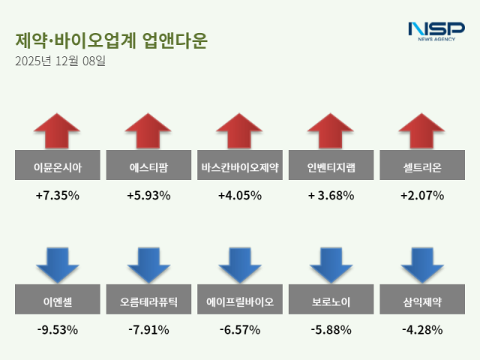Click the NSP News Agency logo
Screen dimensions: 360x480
point(436,31)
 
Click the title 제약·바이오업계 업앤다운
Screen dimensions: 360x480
point(110,40)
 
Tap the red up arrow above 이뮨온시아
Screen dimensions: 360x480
point(57,131)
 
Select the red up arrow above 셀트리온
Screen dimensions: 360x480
point(421,131)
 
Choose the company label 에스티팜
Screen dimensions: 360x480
point(148,168)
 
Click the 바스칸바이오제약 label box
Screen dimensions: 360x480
point(240,168)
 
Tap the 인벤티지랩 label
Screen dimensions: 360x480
point(331,168)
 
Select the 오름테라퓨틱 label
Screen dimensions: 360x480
point(148,303)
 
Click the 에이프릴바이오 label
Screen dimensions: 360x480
point(240,303)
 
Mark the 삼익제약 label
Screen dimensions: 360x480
point(421,303)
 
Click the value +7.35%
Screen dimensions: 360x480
point(57,196)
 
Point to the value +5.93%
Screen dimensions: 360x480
point(148,196)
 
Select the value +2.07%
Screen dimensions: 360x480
point(421,196)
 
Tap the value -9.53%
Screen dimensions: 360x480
point(57,329)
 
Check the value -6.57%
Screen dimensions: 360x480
point(240,329)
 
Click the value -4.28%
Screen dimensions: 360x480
point(421,329)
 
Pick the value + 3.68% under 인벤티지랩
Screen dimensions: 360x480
point(331,196)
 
